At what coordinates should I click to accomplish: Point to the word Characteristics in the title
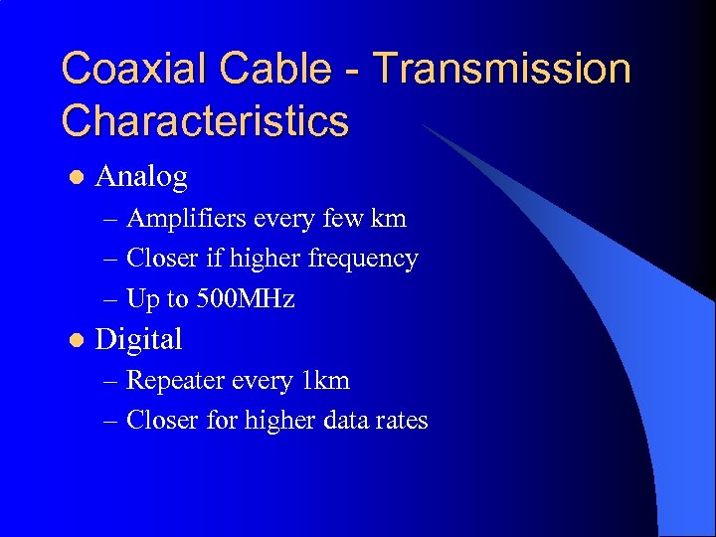click(205, 121)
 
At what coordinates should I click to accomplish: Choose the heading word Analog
click(140, 177)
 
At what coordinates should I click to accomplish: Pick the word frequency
click(363, 259)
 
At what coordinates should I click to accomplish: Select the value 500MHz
click(249, 299)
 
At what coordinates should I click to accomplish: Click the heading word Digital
click(138, 340)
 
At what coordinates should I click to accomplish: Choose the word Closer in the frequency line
click(163, 259)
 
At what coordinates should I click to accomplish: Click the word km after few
click(390, 218)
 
